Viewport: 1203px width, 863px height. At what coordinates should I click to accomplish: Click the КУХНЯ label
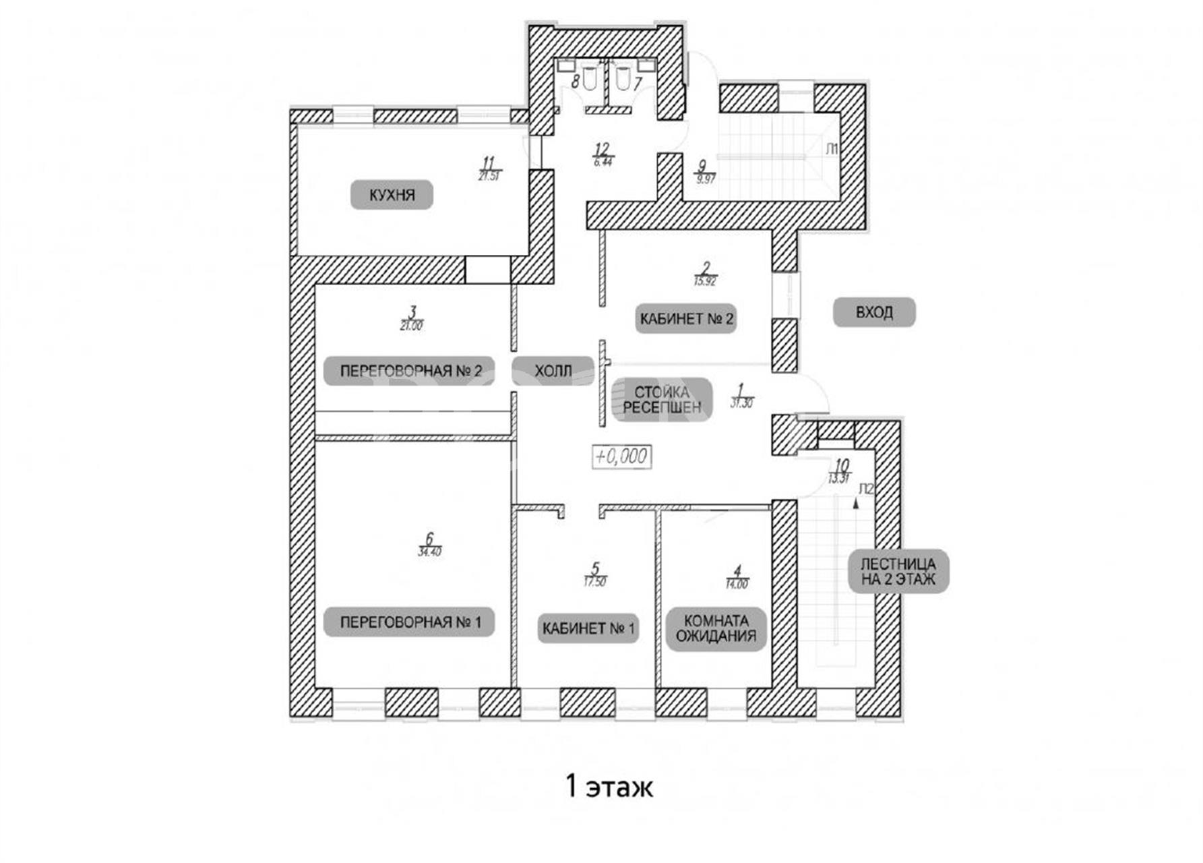[392, 196]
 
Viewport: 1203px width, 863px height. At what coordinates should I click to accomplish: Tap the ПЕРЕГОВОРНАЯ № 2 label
[410, 371]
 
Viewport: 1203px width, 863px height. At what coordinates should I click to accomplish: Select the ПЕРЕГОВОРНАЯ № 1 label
[410, 622]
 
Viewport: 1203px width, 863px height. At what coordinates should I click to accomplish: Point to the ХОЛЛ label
[553, 371]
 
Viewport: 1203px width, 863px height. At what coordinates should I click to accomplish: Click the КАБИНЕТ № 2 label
[686, 319]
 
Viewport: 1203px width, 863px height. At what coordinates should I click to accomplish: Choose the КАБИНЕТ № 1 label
[588, 629]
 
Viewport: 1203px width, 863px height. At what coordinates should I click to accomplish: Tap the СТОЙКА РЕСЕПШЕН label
[662, 400]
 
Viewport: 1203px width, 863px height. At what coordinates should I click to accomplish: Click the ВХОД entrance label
[874, 313]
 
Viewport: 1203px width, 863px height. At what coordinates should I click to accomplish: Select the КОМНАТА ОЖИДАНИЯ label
[716, 628]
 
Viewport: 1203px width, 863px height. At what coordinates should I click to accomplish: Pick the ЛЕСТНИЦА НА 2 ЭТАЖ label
[898, 571]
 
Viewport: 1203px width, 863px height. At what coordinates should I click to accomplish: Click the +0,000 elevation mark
[621, 456]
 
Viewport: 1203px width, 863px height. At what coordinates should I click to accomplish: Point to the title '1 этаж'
[609, 786]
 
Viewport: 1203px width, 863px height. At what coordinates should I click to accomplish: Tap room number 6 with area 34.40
[429, 543]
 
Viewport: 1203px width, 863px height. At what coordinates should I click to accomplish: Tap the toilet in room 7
[621, 80]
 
